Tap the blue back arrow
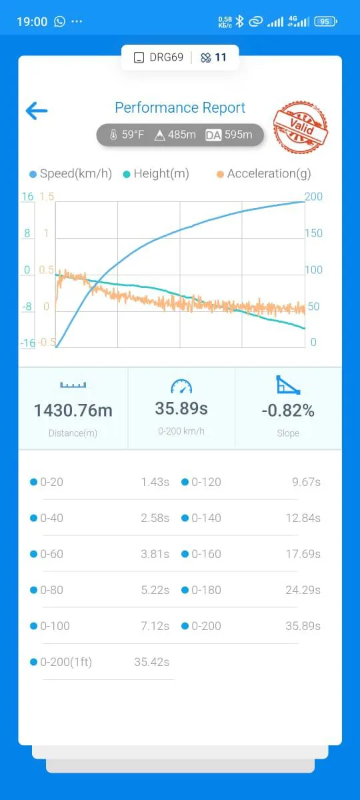[37, 111]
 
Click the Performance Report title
[180, 107]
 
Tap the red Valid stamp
[301, 127]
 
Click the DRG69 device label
[166, 57]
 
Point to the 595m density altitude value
[239, 135]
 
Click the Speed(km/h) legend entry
[71, 173]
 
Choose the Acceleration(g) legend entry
[264, 173]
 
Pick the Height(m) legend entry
[156, 173]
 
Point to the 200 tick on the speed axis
[313, 197]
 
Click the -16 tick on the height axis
[27, 343]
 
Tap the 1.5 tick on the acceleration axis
[47, 197]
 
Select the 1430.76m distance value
[73, 411]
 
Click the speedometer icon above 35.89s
[181, 387]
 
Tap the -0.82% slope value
[288, 411]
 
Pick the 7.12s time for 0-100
[155, 626]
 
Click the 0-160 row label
[206, 554]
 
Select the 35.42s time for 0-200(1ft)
[152, 662]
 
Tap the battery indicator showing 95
[326, 22]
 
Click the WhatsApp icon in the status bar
[59, 21]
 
